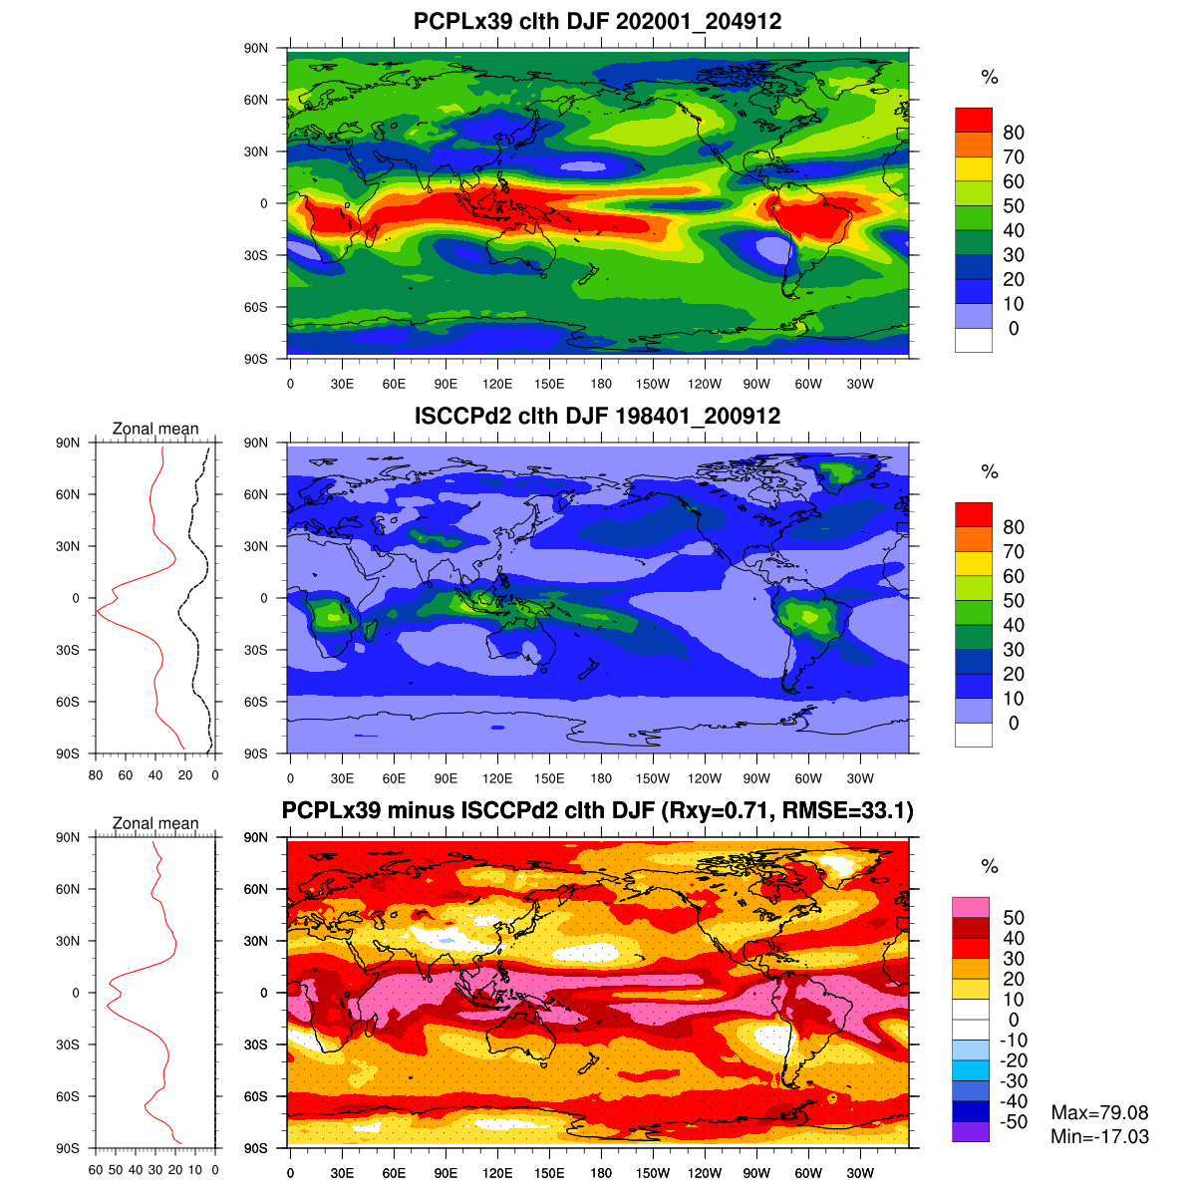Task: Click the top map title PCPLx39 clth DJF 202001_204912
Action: (x=597, y=21)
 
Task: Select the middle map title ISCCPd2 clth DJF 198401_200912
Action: (x=597, y=416)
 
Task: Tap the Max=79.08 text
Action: (x=1099, y=1112)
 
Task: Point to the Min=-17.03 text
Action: (x=1099, y=1136)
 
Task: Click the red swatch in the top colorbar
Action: (x=974, y=120)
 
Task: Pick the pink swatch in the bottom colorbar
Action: (x=971, y=907)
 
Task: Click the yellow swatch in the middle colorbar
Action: (x=974, y=563)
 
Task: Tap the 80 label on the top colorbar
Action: (x=1014, y=133)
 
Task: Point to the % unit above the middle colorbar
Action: (x=989, y=472)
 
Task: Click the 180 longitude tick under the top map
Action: (x=601, y=384)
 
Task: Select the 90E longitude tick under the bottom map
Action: (x=446, y=1173)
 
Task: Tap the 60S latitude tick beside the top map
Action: (x=257, y=307)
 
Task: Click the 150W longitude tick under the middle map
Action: (x=653, y=778)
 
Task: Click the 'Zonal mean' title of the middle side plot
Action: (x=155, y=429)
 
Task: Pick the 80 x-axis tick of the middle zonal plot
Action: (x=96, y=774)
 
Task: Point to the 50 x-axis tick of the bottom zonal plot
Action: (x=116, y=1169)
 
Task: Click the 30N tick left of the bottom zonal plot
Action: (x=68, y=941)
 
